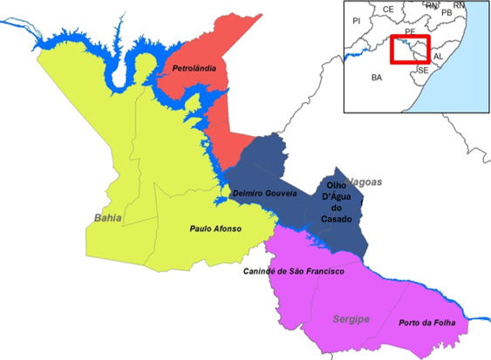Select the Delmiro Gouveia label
tap(265, 193)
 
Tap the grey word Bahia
tap(108, 216)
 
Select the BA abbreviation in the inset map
tap(377, 78)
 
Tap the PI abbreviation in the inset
tap(356, 20)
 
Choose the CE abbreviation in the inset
tap(388, 10)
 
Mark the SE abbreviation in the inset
tap(422, 70)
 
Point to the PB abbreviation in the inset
tap(447, 13)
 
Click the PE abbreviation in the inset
tap(410, 31)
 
